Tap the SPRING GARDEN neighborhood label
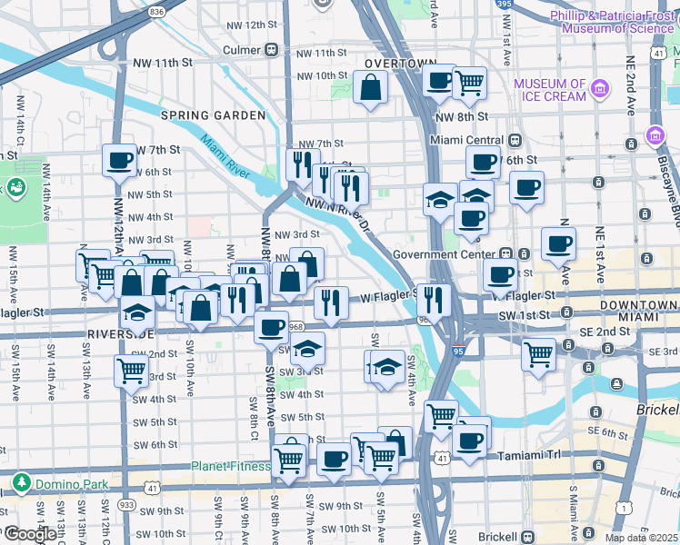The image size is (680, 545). click(x=213, y=115)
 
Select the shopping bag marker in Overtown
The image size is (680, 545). click(x=370, y=88)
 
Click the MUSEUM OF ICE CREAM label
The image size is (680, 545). click(x=550, y=90)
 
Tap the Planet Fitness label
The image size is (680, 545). click(x=230, y=467)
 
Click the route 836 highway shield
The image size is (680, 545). click(x=156, y=12)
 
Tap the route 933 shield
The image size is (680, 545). click(x=125, y=504)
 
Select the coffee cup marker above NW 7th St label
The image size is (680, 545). click(x=118, y=162)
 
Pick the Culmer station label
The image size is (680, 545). click(x=242, y=51)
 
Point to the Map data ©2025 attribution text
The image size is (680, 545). click(x=641, y=538)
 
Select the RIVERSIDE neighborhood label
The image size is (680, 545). click(x=119, y=333)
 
